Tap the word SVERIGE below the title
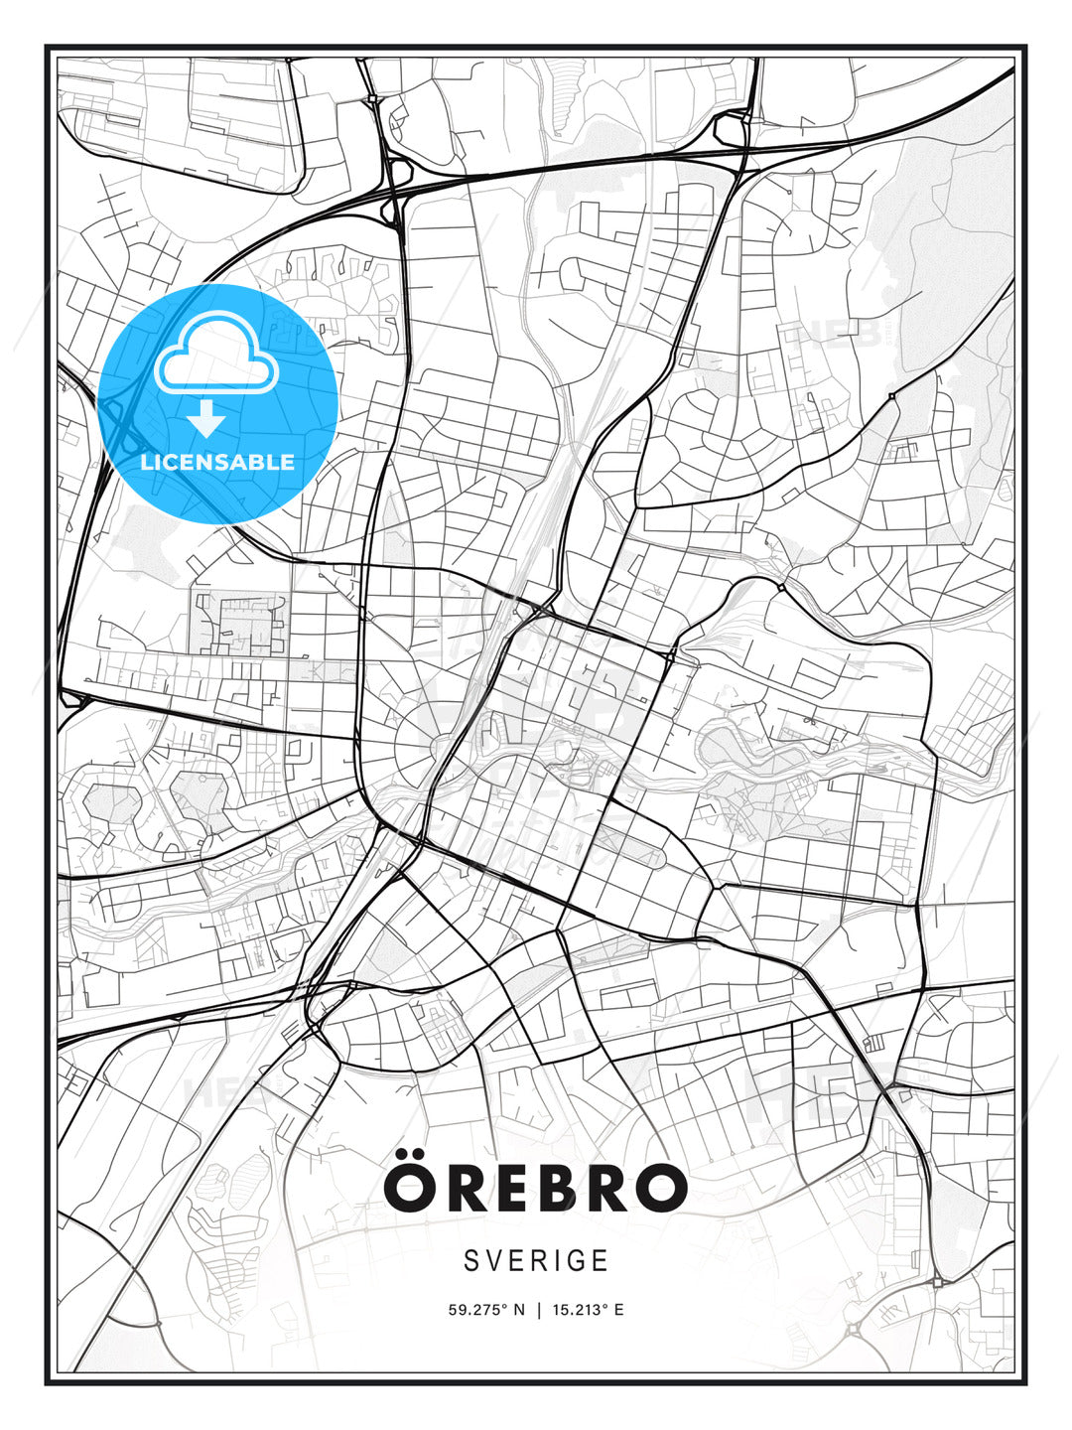coord(536,1260)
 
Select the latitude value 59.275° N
coord(485,1310)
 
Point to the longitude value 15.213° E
coord(587,1310)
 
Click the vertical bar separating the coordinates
coord(537,1310)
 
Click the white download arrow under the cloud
coord(206,420)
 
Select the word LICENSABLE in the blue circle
coord(217,462)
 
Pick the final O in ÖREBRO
coord(659,1189)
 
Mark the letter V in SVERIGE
coord(493,1260)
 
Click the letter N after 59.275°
coord(518,1310)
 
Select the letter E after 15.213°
coord(619,1310)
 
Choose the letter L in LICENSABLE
coord(147,462)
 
